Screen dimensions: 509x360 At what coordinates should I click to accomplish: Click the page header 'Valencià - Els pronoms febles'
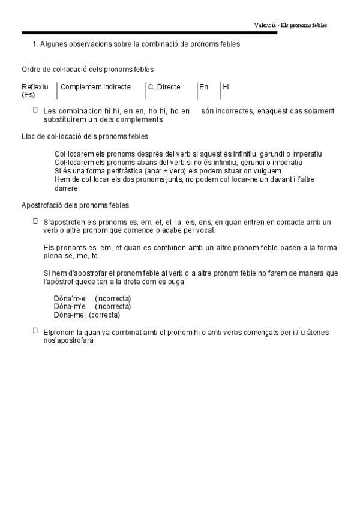pos(290,25)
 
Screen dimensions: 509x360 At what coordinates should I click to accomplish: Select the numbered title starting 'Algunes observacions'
pos(136,44)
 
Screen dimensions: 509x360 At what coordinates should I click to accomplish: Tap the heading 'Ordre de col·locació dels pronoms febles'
pos(88,70)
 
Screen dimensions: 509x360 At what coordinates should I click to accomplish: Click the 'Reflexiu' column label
pos(35,87)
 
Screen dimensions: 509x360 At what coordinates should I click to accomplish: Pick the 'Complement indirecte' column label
pos(95,87)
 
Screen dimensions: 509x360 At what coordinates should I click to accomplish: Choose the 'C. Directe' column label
pos(164,87)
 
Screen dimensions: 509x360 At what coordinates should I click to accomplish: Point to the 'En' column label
pos(204,87)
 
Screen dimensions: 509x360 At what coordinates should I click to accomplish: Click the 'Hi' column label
pos(226,87)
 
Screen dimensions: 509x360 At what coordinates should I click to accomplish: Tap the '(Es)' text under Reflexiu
pos(28,95)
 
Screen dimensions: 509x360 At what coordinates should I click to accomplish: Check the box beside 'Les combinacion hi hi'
pos(35,110)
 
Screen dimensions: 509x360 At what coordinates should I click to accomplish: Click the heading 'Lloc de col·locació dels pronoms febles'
pos(85,136)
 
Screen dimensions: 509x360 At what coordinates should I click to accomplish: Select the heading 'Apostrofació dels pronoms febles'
pos(75,205)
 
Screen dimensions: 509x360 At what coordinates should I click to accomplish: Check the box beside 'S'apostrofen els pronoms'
pos(35,221)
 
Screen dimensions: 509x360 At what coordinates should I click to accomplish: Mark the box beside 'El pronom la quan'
pos(35,330)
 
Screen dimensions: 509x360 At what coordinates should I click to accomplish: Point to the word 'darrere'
pos(66,188)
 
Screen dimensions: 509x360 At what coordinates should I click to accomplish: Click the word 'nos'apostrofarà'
pos(68,340)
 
